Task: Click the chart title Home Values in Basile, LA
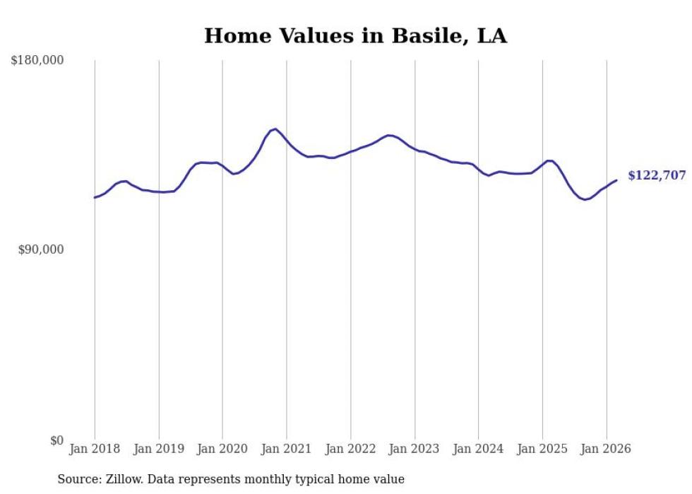coord(355,36)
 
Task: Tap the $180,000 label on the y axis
coord(37,61)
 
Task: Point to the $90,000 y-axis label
coord(40,249)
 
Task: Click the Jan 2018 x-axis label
coord(95,449)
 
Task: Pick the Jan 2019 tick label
coord(159,449)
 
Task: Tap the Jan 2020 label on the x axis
coord(222,449)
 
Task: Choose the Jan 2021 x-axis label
coord(287,449)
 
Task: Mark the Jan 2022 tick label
coord(351,449)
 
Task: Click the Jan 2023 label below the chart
coord(414,449)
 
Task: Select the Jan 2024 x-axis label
coord(479,449)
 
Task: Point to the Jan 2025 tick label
coord(542,449)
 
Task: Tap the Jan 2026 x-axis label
coord(607,449)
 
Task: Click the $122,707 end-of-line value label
coord(657,176)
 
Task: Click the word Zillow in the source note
coord(124,479)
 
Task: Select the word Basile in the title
coord(422,36)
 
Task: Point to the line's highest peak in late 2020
coord(275,129)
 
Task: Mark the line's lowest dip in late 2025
coord(585,200)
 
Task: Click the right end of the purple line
coord(616,180)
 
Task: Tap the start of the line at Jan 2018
coord(95,197)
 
